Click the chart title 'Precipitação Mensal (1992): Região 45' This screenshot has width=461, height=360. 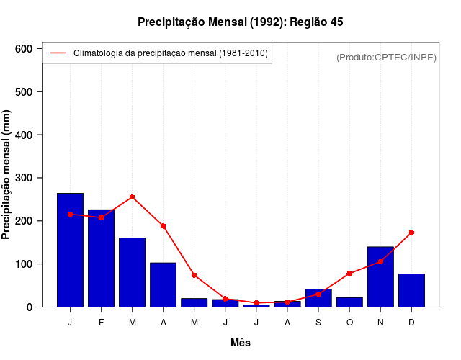tap(240, 22)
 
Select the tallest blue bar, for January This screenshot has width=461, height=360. tap(70, 250)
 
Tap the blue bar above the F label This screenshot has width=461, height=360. tap(101, 258)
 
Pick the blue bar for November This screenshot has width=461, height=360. tap(380, 276)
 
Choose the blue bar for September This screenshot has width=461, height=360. tap(318, 298)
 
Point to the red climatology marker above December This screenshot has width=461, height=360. tap(411, 233)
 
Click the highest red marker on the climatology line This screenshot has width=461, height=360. tap(132, 197)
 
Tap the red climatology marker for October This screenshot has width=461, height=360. tap(349, 274)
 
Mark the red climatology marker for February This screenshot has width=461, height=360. tap(101, 217)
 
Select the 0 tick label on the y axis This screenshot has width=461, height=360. tap(30, 307)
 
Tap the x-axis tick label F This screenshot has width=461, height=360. tap(101, 323)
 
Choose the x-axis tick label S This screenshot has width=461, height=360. tap(318, 323)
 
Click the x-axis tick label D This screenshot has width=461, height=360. tap(411, 323)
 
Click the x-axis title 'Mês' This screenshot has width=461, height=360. tap(241, 343)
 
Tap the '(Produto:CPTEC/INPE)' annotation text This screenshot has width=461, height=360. tap(386, 57)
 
